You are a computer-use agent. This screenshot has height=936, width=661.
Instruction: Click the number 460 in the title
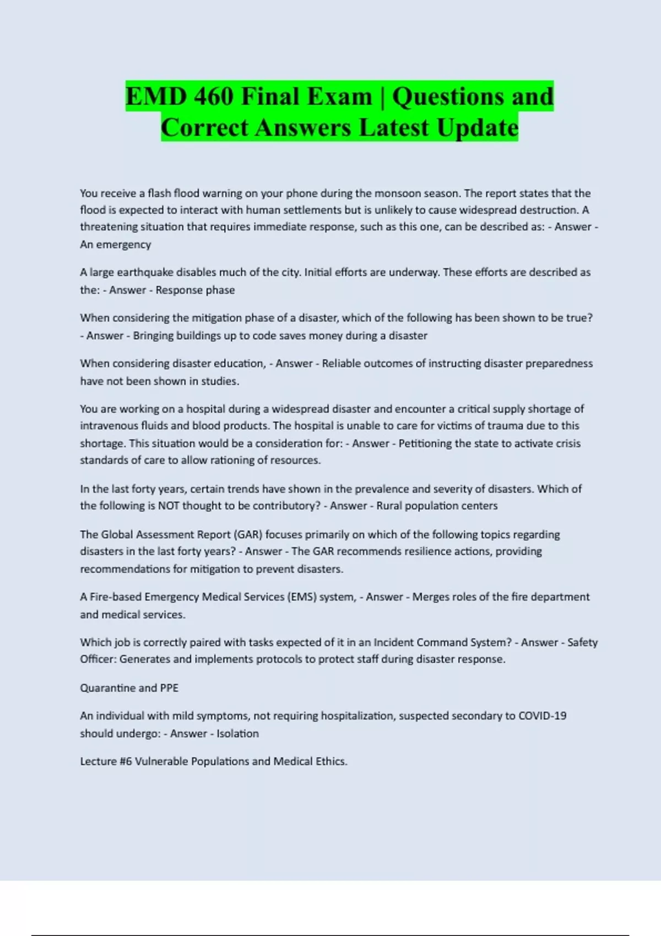click(213, 97)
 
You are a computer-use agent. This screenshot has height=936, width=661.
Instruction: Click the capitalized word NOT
click(169, 505)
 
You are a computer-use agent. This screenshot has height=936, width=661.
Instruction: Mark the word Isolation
click(237, 733)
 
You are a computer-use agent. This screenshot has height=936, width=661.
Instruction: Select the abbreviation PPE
click(169, 688)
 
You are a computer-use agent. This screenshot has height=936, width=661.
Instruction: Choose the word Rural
click(389, 505)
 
